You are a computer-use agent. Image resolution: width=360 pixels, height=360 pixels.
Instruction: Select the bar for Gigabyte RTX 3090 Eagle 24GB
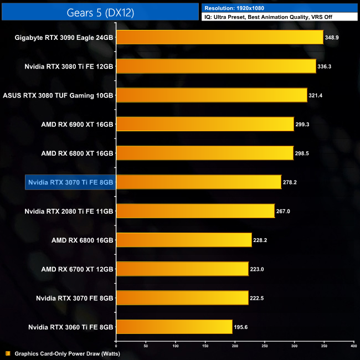coord(219,37)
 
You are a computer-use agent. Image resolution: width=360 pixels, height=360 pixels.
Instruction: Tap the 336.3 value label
coord(325,66)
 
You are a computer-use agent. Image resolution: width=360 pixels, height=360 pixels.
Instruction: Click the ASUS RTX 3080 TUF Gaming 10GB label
coord(58,95)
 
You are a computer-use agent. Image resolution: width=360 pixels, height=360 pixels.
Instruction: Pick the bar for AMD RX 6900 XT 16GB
coord(205,124)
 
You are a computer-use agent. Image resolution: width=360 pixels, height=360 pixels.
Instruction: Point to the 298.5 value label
coord(302,153)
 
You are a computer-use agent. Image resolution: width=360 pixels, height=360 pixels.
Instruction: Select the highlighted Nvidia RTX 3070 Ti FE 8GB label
coord(70,182)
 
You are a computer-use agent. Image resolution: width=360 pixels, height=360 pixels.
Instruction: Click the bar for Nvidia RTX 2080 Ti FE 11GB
coord(195,210)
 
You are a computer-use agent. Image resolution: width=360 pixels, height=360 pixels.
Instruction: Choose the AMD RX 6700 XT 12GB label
coord(78,269)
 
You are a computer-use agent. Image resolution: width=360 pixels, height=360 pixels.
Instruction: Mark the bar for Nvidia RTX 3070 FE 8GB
coord(182,297)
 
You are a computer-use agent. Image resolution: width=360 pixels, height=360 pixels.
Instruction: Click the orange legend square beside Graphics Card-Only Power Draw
coord(7,353)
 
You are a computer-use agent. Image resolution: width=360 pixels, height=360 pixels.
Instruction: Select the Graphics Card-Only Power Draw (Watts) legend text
coord(67,353)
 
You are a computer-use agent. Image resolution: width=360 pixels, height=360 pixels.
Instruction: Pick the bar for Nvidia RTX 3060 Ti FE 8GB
coord(174,327)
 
